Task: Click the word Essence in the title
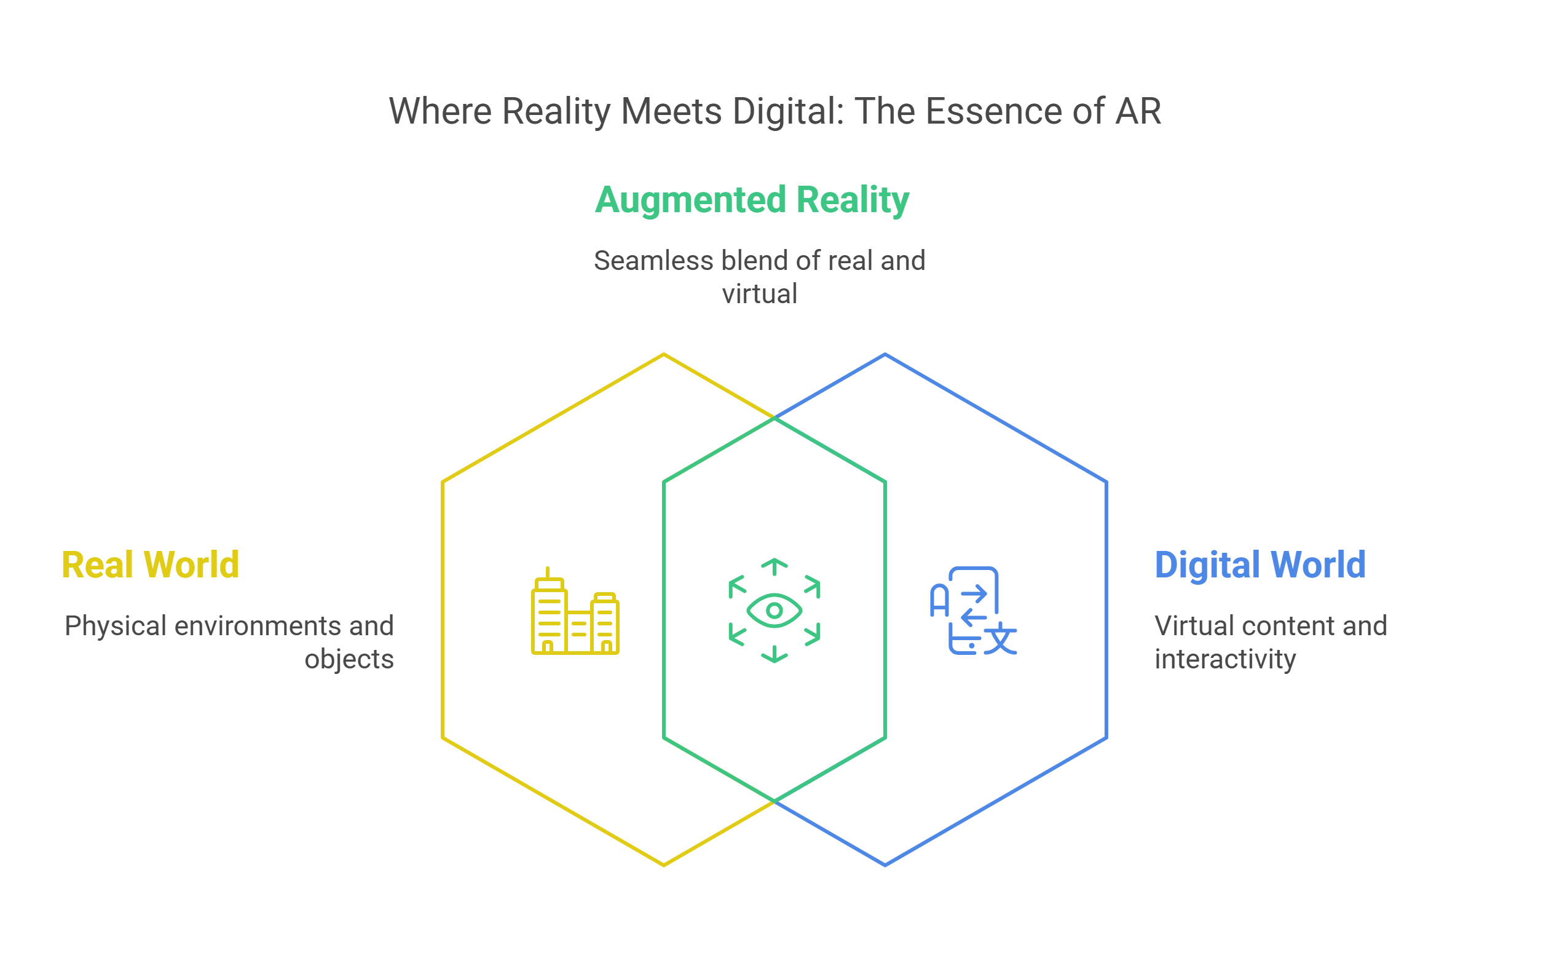pos(993,111)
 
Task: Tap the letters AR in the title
pos(1138,111)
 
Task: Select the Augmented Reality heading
pos(751,200)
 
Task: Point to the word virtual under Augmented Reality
pos(759,295)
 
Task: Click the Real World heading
pos(150,565)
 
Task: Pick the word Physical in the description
pos(115,627)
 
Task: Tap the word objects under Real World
pos(349,659)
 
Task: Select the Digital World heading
pos(1259,565)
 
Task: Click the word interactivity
pos(1225,659)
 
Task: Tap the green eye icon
pos(774,611)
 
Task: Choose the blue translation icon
pos(972,611)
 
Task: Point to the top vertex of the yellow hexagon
pos(664,354)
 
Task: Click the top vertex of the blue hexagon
pos(885,354)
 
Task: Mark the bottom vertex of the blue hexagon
pos(885,865)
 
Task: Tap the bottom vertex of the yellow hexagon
pos(664,865)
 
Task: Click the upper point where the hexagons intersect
pos(774,418)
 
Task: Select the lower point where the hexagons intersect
pos(774,802)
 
